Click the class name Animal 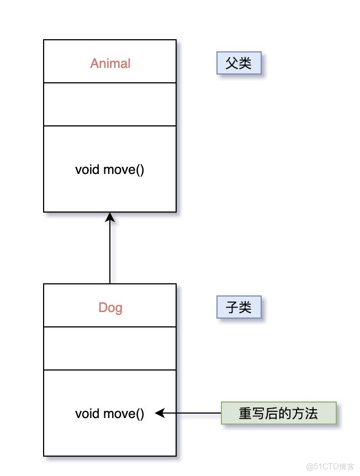[x=110, y=64]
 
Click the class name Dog [x=110, y=308]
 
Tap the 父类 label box [x=239, y=64]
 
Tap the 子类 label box [x=239, y=307]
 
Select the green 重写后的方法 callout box [x=278, y=413]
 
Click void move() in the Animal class [x=109, y=169]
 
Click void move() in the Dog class [x=109, y=413]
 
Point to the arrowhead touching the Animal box [x=110, y=217]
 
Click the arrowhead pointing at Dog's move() [x=160, y=413]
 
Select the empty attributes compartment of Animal [x=110, y=104]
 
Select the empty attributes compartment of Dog [x=110, y=348]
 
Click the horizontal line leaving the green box [x=193, y=413]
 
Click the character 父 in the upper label [x=232, y=64]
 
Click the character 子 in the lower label [x=232, y=307]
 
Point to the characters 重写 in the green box [x=252, y=413]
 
